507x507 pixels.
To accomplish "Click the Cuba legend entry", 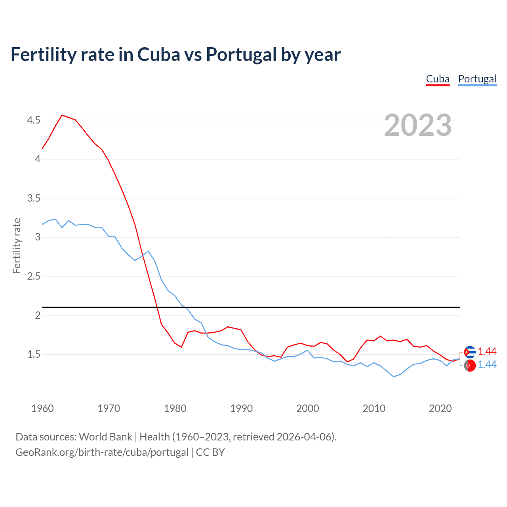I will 438,79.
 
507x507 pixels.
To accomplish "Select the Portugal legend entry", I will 477,79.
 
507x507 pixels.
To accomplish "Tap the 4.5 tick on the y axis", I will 34,120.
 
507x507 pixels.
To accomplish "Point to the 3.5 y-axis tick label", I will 34,198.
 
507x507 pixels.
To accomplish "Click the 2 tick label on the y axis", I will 38,315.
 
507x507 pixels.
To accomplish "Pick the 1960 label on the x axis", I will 42,408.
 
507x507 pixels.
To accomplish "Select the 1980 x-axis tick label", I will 175,408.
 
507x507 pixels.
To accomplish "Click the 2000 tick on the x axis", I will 307,408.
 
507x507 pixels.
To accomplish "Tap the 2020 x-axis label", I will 440,408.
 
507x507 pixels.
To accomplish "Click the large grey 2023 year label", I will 417,125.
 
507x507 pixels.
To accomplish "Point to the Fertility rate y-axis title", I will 17,246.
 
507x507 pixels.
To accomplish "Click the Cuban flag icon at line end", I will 470,352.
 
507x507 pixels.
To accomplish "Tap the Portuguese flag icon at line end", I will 470,366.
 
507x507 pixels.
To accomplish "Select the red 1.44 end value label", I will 487,352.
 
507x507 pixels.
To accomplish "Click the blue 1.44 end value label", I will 487,365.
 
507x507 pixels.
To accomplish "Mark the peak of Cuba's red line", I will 62,115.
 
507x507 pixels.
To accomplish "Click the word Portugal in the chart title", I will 241,54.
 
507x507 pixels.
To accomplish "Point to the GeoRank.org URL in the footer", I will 102,452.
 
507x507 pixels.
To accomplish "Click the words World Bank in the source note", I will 105,437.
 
